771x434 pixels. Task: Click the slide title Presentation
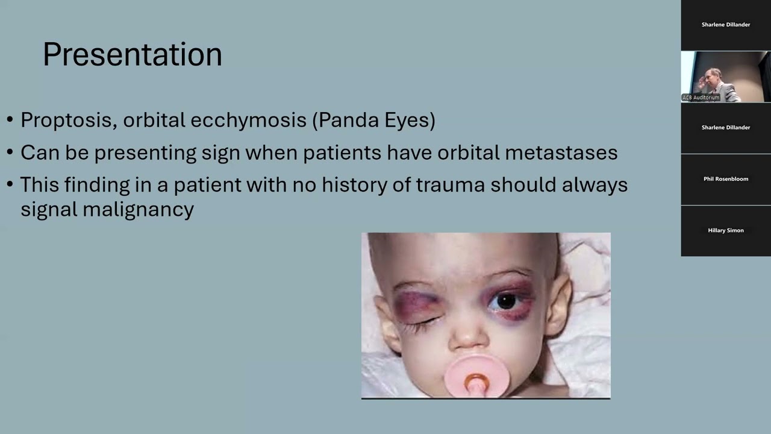132,54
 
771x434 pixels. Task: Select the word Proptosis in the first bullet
66,120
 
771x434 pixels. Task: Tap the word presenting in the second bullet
145,153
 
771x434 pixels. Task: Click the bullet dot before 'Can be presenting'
10,153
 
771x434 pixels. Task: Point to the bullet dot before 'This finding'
10,185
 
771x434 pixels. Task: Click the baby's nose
467,338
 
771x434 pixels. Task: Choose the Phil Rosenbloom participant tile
726,179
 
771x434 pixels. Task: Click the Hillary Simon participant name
726,230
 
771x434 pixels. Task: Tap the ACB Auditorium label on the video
701,98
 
